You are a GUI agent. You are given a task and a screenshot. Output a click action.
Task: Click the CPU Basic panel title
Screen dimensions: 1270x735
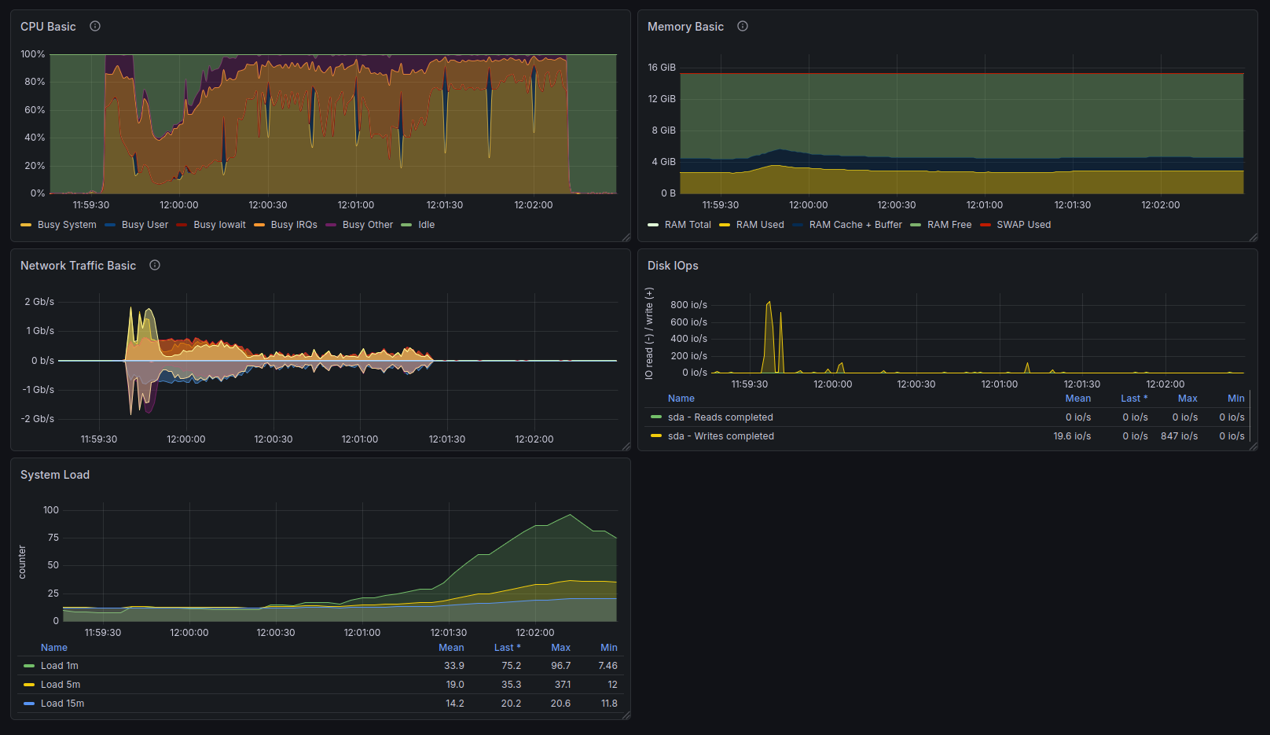click(x=48, y=27)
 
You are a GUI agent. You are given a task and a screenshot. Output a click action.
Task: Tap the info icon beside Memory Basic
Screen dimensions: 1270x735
click(x=742, y=26)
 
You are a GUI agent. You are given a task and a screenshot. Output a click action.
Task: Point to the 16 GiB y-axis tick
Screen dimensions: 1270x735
click(x=662, y=68)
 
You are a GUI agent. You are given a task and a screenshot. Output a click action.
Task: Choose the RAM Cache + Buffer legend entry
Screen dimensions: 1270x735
click(x=847, y=225)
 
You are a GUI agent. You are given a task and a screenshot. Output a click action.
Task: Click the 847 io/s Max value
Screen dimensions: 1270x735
click(x=1180, y=436)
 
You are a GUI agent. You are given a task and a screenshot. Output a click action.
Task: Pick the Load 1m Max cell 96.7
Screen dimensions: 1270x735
click(x=560, y=666)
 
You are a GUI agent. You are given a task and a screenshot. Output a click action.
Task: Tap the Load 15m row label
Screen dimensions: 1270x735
click(x=62, y=704)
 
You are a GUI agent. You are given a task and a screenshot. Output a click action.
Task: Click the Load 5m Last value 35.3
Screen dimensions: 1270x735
click(x=511, y=685)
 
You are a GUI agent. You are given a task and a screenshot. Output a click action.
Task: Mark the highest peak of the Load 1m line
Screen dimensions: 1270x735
click(x=570, y=514)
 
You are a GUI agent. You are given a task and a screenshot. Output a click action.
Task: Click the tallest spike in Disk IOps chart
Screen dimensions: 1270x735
click(x=769, y=302)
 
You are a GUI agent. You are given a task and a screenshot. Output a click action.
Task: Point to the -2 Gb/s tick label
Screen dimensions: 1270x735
click(x=38, y=418)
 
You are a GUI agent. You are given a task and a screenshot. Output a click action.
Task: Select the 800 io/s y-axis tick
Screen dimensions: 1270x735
click(x=689, y=304)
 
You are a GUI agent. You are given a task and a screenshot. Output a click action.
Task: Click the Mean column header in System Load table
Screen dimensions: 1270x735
click(x=451, y=648)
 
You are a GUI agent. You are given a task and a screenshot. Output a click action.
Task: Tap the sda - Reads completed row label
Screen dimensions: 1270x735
click(x=720, y=417)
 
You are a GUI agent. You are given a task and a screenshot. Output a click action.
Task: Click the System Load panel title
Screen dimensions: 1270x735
click(x=55, y=475)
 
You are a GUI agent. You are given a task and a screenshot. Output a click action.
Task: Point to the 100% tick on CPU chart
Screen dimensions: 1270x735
click(x=33, y=54)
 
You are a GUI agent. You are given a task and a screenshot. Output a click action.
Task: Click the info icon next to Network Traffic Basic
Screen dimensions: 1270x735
click(x=155, y=265)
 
